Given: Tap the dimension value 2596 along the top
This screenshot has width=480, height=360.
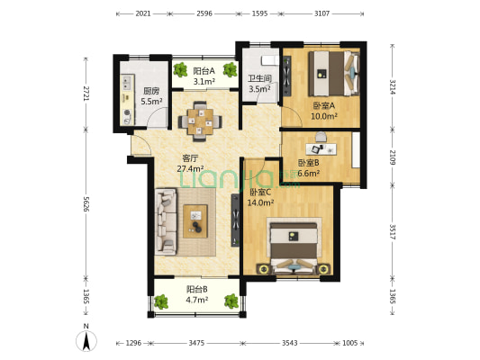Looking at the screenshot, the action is (204, 13).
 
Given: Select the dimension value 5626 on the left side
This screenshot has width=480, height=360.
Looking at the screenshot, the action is (86, 204).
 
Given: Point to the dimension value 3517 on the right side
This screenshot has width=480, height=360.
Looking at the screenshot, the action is (393, 232).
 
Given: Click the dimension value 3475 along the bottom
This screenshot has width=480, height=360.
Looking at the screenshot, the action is (196, 343).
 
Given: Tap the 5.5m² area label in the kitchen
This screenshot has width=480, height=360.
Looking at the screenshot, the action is (151, 101).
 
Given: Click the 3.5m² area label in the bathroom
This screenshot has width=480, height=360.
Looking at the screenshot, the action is (259, 89).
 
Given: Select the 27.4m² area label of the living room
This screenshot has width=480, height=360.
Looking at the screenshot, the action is (190, 168).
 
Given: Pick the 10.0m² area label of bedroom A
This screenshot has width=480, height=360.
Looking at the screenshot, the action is (324, 116).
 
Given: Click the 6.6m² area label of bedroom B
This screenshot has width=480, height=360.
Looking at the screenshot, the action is (309, 174).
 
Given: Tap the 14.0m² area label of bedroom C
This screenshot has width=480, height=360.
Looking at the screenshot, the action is (260, 202).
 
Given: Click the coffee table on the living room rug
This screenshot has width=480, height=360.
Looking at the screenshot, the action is (195, 221).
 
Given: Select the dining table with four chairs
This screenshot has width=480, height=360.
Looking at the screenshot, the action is (201, 121).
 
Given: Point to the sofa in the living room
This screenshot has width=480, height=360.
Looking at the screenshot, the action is (166, 221).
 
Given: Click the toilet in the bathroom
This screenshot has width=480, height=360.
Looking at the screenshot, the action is (270, 60).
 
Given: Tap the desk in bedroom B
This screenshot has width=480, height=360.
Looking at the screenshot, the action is (322, 149).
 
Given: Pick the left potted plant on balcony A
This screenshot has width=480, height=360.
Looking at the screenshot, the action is (180, 69).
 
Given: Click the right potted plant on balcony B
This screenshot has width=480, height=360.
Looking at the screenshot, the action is (231, 301).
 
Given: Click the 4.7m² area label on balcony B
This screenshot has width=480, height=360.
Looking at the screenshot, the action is (197, 300).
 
